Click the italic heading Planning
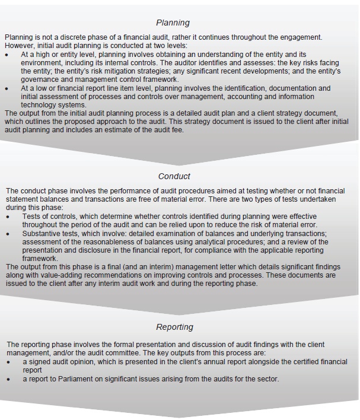173,23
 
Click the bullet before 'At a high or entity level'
8,54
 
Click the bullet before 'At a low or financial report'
8,88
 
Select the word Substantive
42,234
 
